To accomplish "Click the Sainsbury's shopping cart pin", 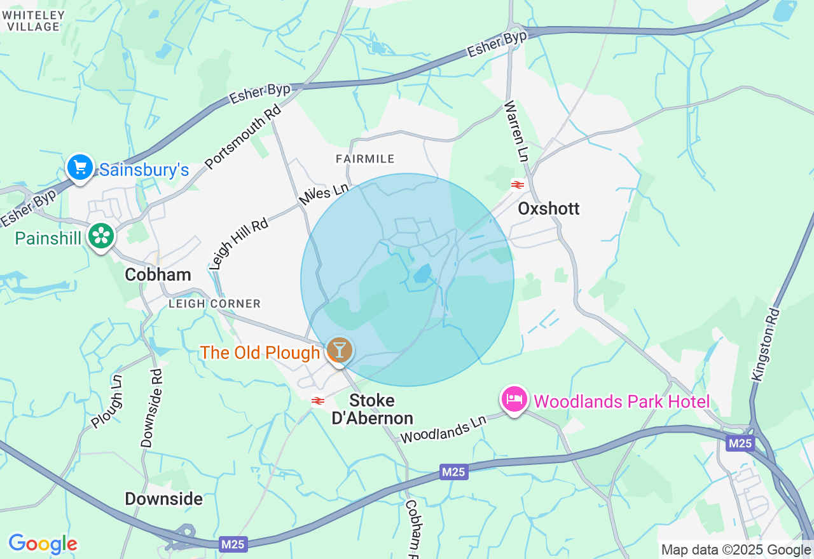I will click(80, 168).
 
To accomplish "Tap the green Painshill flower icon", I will click(100, 236).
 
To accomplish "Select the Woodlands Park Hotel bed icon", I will click(514, 400).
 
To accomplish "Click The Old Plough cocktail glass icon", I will click(339, 350).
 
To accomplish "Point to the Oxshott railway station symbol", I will click(517, 185).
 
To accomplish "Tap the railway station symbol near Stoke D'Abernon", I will click(318, 401).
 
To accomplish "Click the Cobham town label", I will click(158, 274).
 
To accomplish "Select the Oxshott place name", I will click(549, 208).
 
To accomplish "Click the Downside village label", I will click(163, 499).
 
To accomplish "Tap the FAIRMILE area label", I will click(366, 159).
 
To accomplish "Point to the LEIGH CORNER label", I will click(215, 304).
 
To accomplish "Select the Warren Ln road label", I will click(516, 130).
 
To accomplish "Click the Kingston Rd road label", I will click(766, 344).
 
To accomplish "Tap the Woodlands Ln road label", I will click(443, 429).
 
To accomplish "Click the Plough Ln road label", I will click(106, 401).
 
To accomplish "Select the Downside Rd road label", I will click(152, 408).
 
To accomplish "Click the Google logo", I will click(43, 544).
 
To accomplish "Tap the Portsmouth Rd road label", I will click(243, 137).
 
